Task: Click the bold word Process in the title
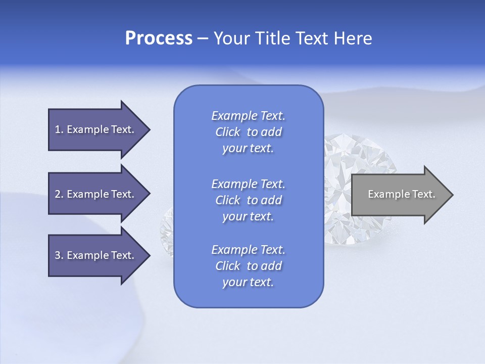point(159,38)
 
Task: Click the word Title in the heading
point(272,38)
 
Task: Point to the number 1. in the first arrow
point(59,129)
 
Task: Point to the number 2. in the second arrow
point(59,194)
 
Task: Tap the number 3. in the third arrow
point(59,255)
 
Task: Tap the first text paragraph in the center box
point(248,132)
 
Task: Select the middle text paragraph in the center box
point(248,200)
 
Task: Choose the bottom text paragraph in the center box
point(248,266)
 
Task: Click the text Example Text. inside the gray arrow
point(401,194)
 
